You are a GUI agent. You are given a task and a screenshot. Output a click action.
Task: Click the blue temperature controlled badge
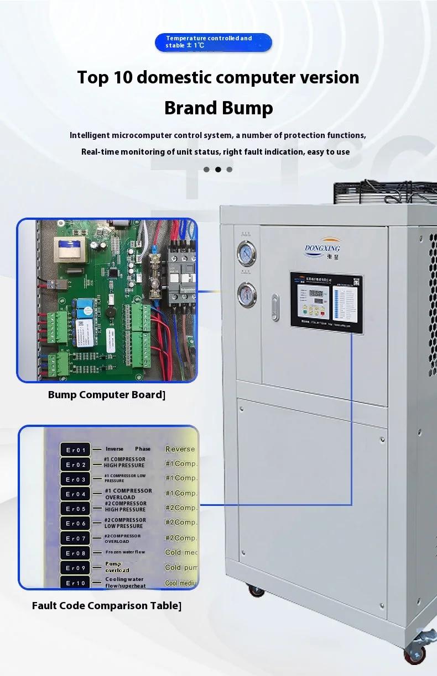click(213, 42)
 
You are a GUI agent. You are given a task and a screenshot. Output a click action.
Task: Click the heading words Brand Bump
click(218, 108)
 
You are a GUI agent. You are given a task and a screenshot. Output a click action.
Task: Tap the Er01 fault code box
click(75, 450)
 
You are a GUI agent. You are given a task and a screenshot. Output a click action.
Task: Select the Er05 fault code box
click(75, 509)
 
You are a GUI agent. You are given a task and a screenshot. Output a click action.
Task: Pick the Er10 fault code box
click(75, 583)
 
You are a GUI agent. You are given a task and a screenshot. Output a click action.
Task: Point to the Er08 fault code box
click(75, 553)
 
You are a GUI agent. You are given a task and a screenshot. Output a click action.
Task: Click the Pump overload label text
click(117, 567)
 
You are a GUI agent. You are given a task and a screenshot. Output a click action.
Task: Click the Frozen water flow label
click(125, 552)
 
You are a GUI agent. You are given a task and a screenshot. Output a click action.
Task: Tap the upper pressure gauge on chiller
click(246, 254)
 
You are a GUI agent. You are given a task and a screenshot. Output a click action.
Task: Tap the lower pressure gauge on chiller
click(246, 294)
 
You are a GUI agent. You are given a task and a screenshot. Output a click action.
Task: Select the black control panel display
click(326, 303)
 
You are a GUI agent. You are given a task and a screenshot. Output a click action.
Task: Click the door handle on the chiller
click(275, 308)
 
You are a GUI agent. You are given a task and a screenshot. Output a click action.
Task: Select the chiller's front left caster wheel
click(256, 590)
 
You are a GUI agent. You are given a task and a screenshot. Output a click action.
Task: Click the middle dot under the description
click(218, 170)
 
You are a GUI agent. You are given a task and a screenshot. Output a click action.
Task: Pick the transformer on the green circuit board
click(65, 249)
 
